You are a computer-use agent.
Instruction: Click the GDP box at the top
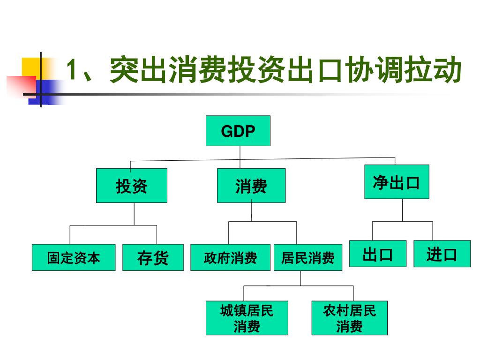(238, 131)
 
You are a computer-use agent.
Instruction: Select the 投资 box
(132, 186)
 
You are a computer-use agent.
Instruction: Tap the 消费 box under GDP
(251, 186)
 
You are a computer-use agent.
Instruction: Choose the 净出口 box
(397, 182)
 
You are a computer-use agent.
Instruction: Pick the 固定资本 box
(74, 257)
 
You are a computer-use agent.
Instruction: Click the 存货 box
(153, 257)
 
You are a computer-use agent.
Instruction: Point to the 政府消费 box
(230, 257)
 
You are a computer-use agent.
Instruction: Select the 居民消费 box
(308, 257)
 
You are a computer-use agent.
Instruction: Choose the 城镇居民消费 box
(247, 318)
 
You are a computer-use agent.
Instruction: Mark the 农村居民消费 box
(350, 318)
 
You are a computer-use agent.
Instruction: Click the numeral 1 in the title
(71, 70)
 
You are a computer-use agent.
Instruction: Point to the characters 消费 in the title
(197, 70)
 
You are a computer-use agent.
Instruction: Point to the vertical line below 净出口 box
(402, 210)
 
